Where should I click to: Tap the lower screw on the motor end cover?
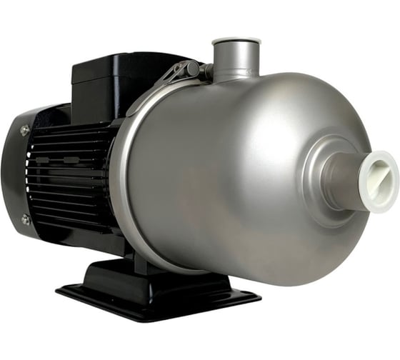click(x=26, y=219)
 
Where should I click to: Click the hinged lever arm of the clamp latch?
click(x=171, y=76)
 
